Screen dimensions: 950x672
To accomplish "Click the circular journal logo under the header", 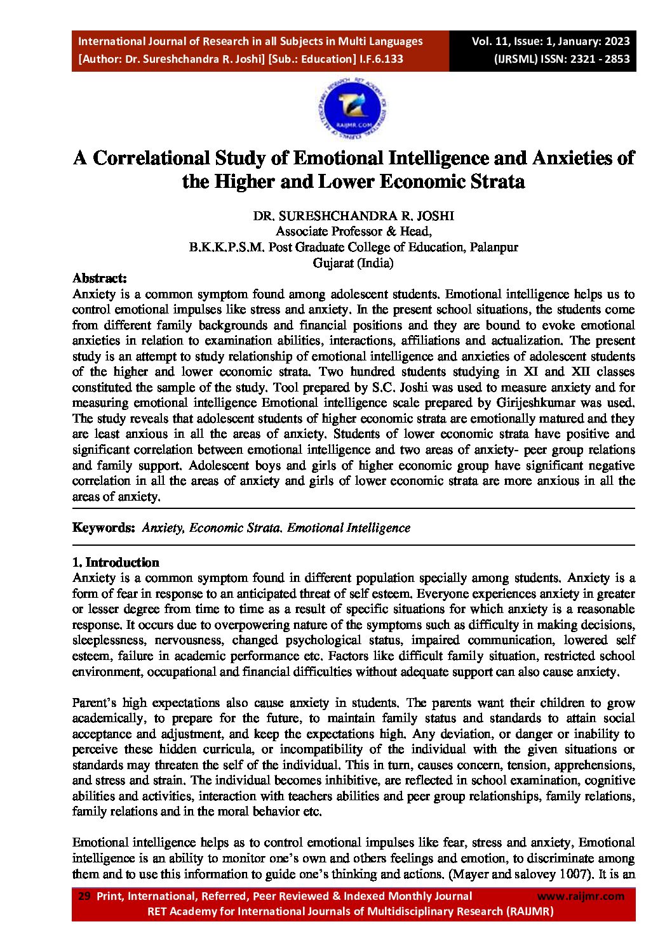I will [353, 110].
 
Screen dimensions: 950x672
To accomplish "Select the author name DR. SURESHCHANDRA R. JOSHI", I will [353, 216].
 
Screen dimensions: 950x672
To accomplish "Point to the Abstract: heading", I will [100, 278].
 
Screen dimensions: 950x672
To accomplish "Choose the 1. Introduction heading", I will [116, 562].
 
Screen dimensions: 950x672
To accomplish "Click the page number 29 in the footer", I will [84, 896].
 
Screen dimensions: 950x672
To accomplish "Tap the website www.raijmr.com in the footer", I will [581, 896].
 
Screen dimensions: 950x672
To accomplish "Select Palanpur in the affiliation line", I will [494, 247].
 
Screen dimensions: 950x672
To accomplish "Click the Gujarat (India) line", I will [353, 263].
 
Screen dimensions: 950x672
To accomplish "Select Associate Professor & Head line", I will [353, 232].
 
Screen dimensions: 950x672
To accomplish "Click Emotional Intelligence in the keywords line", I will [349, 528].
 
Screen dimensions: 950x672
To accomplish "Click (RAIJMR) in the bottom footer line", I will [530, 911].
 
